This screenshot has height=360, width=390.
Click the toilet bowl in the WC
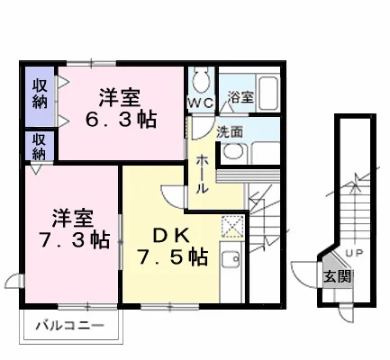pyautogui.click(x=200, y=80)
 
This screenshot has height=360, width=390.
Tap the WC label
pyautogui.click(x=201, y=103)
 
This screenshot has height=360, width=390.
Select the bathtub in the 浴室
pyautogui.click(x=269, y=93)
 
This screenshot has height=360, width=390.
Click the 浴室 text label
pyautogui.click(x=240, y=96)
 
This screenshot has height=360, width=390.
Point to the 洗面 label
pyautogui.click(x=230, y=132)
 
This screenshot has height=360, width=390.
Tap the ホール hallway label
pyautogui.click(x=202, y=175)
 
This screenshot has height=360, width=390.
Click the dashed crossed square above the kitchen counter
pyautogui.click(x=232, y=227)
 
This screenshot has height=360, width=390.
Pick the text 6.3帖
pyautogui.click(x=121, y=120)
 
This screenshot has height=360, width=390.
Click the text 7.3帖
pyautogui.click(x=74, y=239)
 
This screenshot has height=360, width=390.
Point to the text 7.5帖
pyautogui.click(x=173, y=257)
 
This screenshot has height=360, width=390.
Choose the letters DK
pyautogui.click(x=171, y=236)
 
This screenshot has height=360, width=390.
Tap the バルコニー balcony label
pyautogui.click(x=69, y=325)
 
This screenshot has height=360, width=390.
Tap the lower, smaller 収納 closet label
pyautogui.click(x=40, y=147)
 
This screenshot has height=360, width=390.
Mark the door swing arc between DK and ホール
pyautogui.click(x=168, y=198)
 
